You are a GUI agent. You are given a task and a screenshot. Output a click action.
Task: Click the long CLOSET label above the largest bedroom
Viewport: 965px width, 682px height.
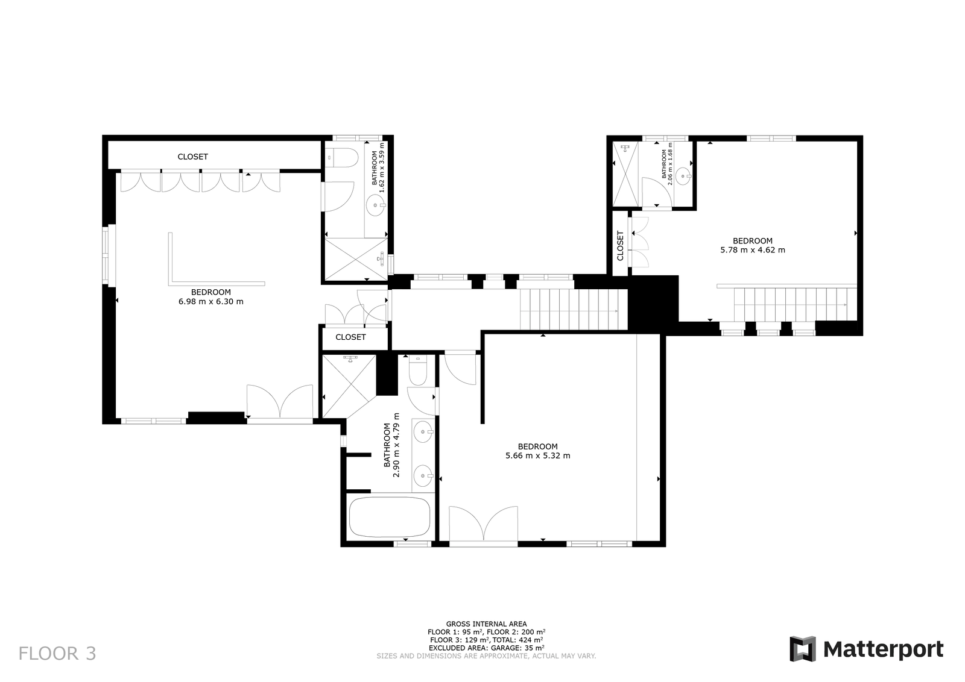[x=192, y=157]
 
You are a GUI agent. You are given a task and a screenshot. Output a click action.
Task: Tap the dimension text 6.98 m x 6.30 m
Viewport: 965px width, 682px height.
[x=211, y=302]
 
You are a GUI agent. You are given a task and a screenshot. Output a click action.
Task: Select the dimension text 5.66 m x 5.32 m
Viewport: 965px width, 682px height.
[x=537, y=455]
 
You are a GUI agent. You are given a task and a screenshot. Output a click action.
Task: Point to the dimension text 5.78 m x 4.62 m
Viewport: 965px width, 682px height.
[x=753, y=250]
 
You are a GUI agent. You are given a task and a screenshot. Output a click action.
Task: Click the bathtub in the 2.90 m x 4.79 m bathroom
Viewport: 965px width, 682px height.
[x=390, y=517]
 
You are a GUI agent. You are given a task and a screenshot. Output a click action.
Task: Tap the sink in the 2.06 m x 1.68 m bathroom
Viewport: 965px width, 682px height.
[x=683, y=175]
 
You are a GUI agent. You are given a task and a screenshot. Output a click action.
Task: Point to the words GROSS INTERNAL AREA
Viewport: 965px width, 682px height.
[x=486, y=624]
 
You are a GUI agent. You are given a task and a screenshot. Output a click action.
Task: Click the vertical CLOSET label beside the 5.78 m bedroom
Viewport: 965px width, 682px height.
[x=621, y=246]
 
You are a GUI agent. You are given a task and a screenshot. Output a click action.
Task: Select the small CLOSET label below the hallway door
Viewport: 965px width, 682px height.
[x=350, y=337]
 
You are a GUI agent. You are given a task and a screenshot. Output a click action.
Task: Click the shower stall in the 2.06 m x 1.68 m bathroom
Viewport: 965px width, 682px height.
[x=625, y=174]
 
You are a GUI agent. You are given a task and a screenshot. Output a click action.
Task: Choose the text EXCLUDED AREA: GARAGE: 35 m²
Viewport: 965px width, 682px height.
[x=486, y=648]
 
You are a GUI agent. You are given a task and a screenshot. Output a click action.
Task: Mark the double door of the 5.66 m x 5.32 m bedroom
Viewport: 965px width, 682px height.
[x=483, y=523]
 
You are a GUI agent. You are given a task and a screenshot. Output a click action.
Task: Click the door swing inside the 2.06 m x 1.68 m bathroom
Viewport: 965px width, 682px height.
[x=656, y=192]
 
